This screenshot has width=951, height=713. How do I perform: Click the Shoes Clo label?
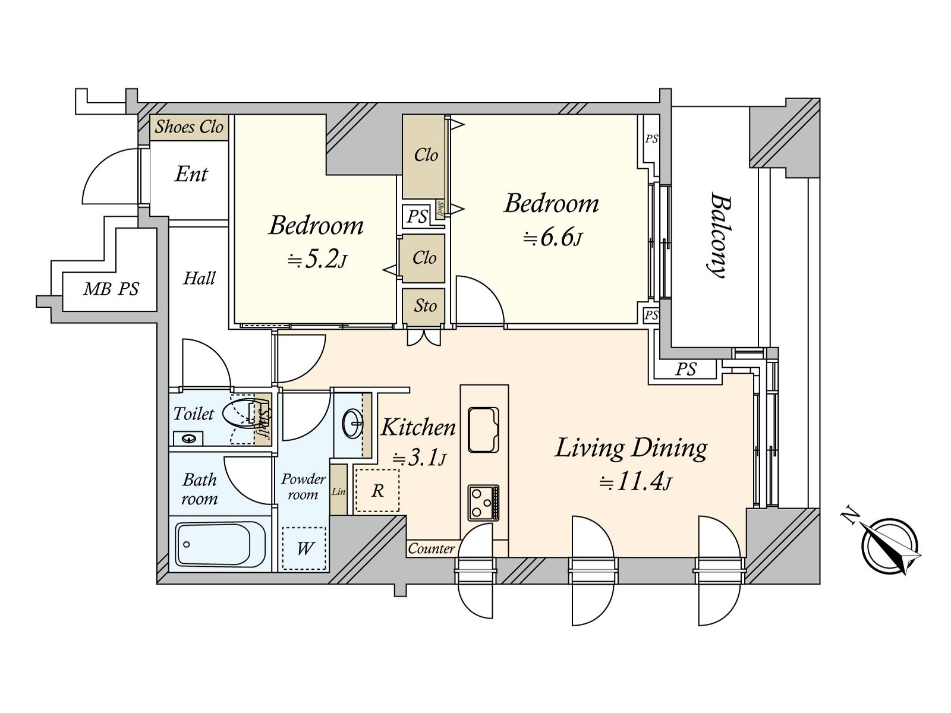(x=189, y=127)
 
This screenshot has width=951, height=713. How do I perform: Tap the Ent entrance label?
(x=191, y=175)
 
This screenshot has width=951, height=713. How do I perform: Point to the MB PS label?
(x=111, y=289)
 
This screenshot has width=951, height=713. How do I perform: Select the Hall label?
(x=199, y=278)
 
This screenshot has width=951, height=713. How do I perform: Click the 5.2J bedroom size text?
(x=317, y=260)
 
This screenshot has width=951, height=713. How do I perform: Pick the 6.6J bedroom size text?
(x=553, y=238)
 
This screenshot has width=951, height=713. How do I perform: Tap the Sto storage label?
(x=425, y=306)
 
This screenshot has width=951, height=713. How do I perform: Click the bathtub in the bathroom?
(x=214, y=544)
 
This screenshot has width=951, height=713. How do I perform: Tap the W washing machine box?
(x=304, y=548)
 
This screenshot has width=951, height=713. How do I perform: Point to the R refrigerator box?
(x=377, y=491)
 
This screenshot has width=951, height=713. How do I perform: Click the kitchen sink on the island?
(x=483, y=430)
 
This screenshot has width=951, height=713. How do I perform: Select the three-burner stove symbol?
(x=483, y=502)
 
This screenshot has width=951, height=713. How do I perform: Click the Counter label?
(x=431, y=548)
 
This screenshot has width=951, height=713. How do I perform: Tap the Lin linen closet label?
(x=338, y=492)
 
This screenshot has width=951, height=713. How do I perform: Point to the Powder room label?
(x=303, y=487)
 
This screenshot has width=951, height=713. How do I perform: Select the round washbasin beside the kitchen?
(x=352, y=424)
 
